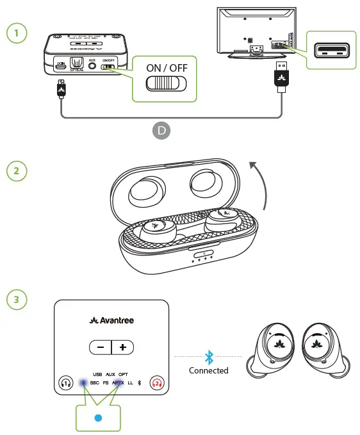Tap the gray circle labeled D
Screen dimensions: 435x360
click(161, 131)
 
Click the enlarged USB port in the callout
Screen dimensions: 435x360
click(331, 49)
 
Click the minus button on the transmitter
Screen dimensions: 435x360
click(101, 347)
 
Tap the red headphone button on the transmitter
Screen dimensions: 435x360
click(157, 383)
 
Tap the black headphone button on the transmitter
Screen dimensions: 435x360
click(65, 383)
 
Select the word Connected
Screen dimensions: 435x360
click(208, 370)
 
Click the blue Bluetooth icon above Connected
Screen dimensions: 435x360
click(208, 357)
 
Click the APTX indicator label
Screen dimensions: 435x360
click(118, 382)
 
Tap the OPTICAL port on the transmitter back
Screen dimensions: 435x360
click(77, 63)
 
